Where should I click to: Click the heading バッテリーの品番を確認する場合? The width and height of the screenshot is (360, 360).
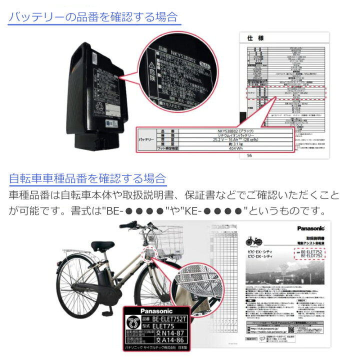click(93, 16)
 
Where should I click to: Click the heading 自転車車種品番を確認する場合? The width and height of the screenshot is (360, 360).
click(87, 178)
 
